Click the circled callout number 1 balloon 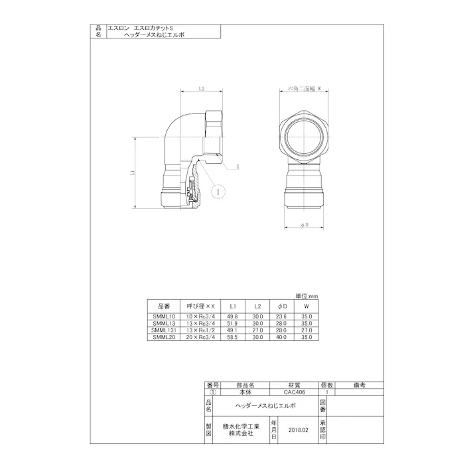pos(216,191)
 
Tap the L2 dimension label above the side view pos(201,88)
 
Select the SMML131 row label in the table pos(162,330)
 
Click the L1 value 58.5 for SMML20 pos(233,337)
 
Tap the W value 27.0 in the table pos(306,330)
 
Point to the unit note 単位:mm pos(307,296)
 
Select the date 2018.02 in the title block pos(299,430)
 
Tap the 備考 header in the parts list pos(360,385)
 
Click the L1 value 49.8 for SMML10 pos(233,318)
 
